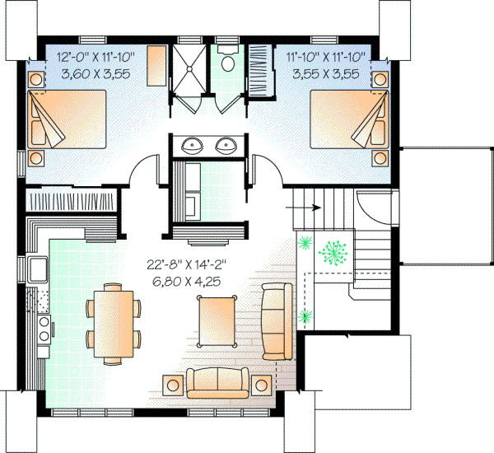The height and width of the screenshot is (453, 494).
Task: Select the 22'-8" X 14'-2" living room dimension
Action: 187,265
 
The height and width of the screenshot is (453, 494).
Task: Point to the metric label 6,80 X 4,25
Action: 187,281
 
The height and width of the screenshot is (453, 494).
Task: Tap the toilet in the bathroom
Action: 228,63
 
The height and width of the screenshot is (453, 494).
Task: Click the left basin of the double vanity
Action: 193,147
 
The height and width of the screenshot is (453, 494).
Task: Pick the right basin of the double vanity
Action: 225,147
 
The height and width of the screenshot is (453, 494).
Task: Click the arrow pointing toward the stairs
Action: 293,208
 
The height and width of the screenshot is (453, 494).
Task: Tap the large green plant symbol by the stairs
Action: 334,250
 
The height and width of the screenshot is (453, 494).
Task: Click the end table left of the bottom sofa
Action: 175,385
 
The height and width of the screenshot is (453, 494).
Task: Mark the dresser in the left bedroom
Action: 156,64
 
